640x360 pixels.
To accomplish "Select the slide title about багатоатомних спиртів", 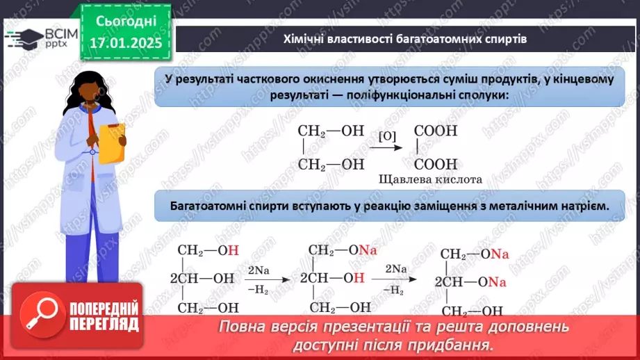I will tap(404, 39).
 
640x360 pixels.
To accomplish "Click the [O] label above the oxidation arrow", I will tap(388, 136).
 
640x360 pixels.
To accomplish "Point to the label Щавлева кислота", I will tap(430, 179).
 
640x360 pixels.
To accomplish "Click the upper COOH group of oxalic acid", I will tap(436, 130).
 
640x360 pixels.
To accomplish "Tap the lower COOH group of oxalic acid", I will tap(436, 165).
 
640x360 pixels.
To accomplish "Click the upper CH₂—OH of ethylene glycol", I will tap(331, 130).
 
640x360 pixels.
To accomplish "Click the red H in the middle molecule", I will tap(359, 278).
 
